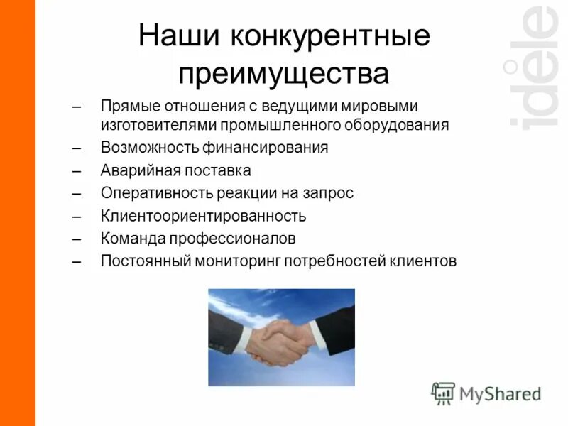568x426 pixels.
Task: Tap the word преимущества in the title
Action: click(284, 74)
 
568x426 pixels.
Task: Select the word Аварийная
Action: click(135, 170)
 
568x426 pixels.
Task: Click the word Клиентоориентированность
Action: click(203, 216)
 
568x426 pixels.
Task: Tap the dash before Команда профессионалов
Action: click(77, 239)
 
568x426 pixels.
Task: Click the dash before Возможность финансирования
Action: click(77, 148)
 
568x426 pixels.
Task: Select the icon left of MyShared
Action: click(443, 393)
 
